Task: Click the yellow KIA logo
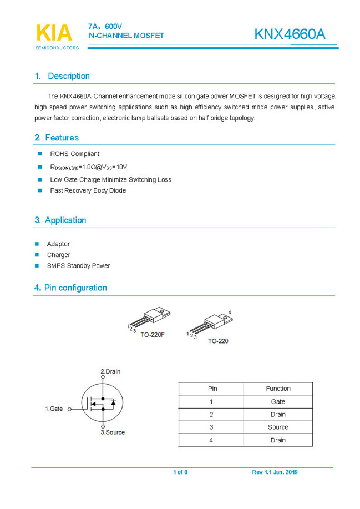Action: [x=54, y=33]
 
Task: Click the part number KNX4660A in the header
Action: [x=290, y=34]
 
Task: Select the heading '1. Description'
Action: [x=62, y=76]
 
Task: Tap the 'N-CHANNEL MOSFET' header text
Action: [x=126, y=36]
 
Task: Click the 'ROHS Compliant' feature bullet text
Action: [x=75, y=154]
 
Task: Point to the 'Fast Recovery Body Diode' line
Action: [x=88, y=190]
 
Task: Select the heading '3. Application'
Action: [x=60, y=220]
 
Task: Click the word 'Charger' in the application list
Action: [x=59, y=255]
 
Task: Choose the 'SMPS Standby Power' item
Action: [x=78, y=266]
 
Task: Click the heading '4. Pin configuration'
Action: [x=70, y=288]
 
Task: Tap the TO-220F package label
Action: [x=152, y=335]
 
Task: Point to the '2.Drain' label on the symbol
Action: [x=110, y=371]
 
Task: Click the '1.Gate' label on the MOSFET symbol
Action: [x=54, y=409]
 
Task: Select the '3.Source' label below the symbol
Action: [x=113, y=432]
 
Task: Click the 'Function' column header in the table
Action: [x=278, y=389]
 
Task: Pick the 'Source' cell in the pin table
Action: [x=278, y=427]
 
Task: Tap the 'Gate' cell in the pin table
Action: [x=278, y=401]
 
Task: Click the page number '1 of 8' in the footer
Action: [x=180, y=472]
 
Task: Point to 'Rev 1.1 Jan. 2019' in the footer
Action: [x=275, y=472]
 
